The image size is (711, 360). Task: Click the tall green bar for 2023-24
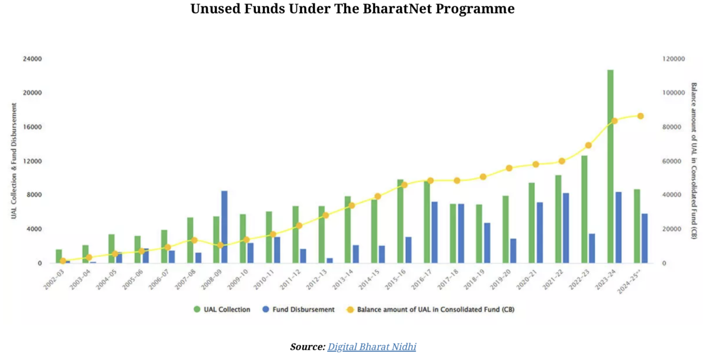tap(610, 166)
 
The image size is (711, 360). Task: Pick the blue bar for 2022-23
tap(592, 248)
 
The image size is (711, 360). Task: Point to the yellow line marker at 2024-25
tap(640, 116)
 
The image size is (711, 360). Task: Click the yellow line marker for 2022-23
tap(588, 145)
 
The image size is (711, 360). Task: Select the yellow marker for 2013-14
tap(351, 205)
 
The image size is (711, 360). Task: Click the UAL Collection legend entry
tap(223, 309)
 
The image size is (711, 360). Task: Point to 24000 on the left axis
tap(32, 59)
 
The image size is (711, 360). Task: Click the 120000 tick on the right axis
tap(674, 59)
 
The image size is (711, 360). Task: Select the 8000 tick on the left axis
tap(34, 195)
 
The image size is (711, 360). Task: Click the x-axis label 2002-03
tap(55, 278)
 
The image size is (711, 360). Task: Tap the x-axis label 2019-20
tap(501, 278)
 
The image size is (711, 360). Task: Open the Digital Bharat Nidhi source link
tap(371, 347)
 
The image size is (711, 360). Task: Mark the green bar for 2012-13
tap(322, 234)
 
